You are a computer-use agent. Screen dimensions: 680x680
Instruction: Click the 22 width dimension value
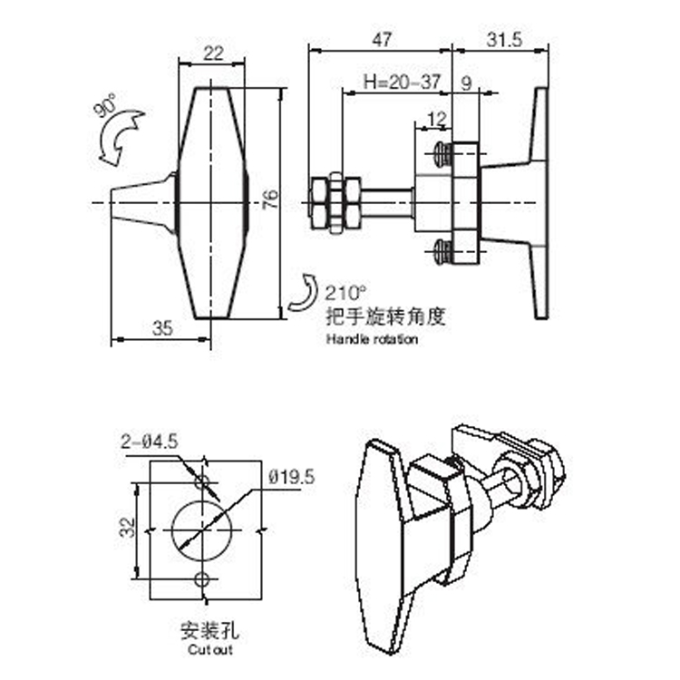click(x=212, y=53)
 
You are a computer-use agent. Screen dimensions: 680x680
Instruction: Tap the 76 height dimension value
click(x=268, y=200)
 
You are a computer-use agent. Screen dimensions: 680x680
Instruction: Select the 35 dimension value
click(x=161, y=328)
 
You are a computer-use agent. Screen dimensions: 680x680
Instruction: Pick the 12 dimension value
click(x=436, y=119)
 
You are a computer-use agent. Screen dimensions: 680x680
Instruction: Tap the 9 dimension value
click(x=466, y=82)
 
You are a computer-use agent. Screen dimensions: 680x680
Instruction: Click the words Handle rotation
click(x=372, y=339)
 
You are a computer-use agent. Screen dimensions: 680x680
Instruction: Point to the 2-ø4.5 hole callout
click(x=150, y=442)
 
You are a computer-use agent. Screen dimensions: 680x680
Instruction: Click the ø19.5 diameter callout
click(x=291, y=476)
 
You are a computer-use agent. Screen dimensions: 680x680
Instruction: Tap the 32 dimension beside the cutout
click(x=127, y=527)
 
